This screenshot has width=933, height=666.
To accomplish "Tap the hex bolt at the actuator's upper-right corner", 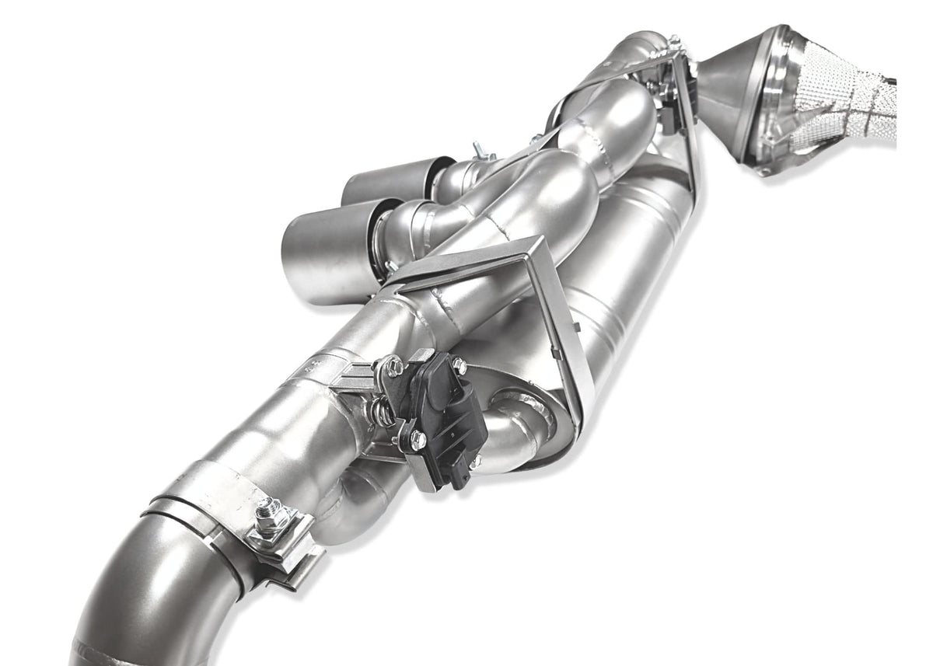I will pos(460,365).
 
